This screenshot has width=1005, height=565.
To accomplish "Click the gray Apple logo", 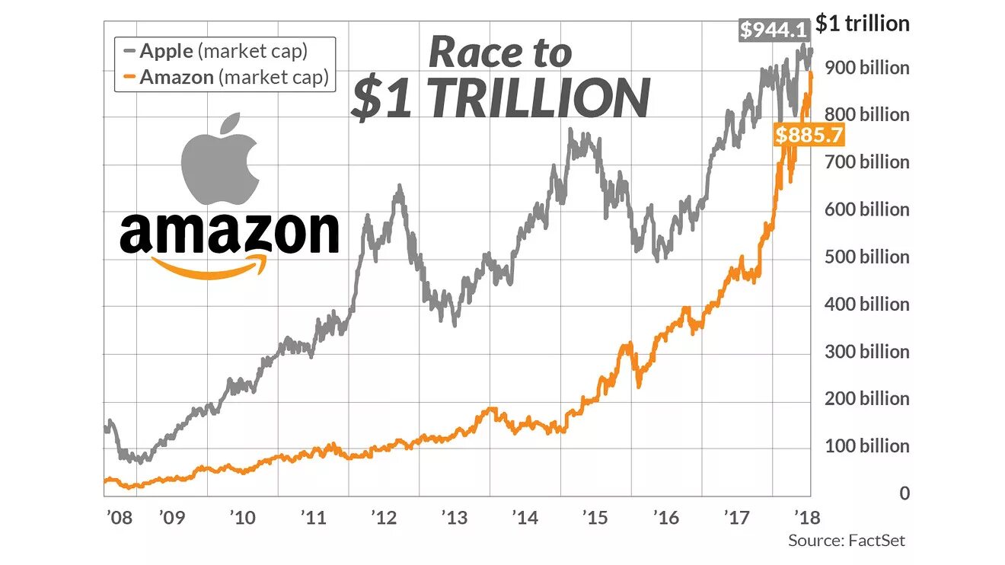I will [x=220, y=161].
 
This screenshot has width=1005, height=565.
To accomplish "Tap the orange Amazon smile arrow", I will [x=210, y=267].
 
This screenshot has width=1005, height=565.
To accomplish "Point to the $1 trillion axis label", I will [x=862, y=24].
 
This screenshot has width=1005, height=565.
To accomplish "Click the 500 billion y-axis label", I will [x=866, y=257].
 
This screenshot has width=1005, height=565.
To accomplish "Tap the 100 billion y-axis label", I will [x=866, y=445].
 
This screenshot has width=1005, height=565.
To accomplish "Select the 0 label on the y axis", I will [x=904, y=493].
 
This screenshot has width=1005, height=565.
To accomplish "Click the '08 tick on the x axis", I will [x=118, y=518].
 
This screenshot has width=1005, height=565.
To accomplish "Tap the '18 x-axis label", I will [x=806, y=518].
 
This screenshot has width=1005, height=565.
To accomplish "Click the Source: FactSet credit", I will [x=847, y=541].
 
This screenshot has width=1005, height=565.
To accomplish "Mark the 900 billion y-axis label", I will [x=866, y=68].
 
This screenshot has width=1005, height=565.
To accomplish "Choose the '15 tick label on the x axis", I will [x=595, y=518].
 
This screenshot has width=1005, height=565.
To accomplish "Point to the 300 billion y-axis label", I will [x=866, y=351].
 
